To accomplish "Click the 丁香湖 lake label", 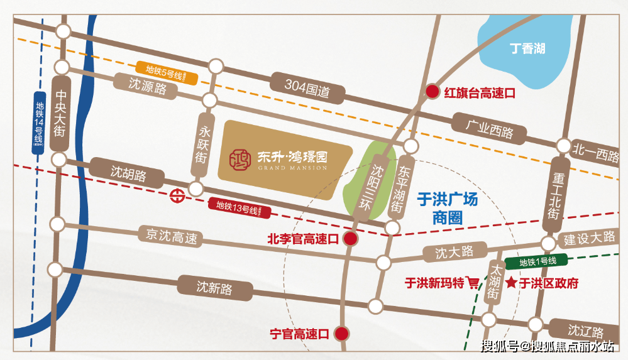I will point(527,48).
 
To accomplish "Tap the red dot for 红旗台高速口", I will point(432,92).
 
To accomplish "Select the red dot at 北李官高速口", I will point(351,239).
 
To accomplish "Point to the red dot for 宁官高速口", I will point(341,333).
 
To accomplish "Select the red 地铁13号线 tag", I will point(240,207).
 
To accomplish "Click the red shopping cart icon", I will point(473,283).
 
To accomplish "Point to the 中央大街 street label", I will point(60,114).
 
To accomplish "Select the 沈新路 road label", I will point(214,288).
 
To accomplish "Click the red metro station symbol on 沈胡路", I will point(176,195).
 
